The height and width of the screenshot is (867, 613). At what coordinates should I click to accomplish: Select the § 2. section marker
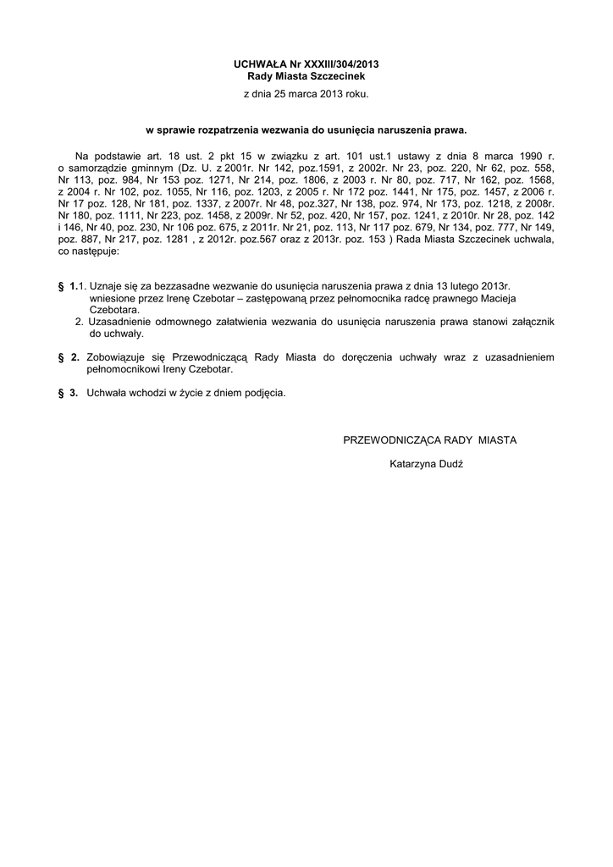click(x=69, y=358)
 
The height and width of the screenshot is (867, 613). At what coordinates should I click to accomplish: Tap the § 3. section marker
click(x=69, y=393)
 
